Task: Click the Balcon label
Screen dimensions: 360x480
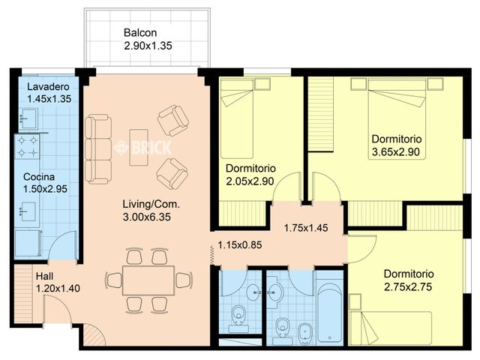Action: (x=140, y=33)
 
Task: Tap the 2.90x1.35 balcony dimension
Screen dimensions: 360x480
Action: (x=148, y=46)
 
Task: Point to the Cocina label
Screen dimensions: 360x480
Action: (x=37, y=178)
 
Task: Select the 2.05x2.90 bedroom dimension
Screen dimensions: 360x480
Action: (x=251, y=181)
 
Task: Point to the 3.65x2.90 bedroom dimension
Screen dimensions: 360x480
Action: (x=397, y=152)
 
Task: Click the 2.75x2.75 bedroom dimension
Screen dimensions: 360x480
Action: (x=409, y=286)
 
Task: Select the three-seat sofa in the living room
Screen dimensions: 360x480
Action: (x=97, y=148)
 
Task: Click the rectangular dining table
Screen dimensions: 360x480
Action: (x=148, y=280)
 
